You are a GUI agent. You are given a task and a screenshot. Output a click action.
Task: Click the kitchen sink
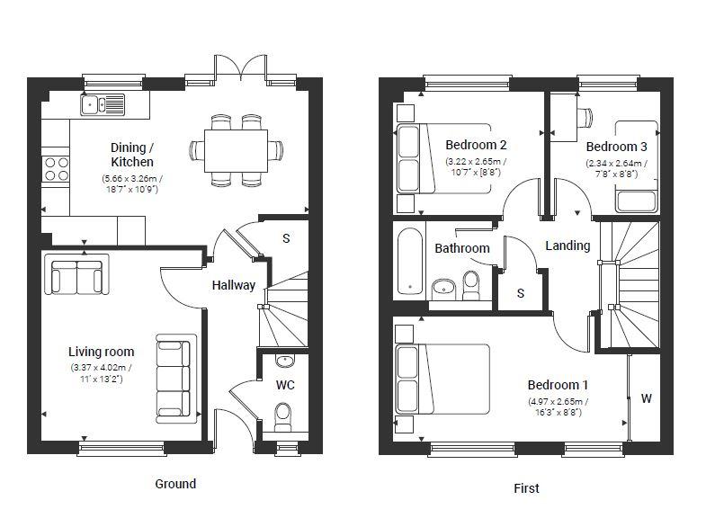tap(103, 104)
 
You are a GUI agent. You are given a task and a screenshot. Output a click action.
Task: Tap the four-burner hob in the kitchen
tap(57, 169)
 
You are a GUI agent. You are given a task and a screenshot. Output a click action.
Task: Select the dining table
tap(236, 150)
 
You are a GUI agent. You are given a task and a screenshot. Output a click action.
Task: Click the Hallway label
tap(234, 285)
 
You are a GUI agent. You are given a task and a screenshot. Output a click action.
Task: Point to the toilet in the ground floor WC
tap(282, 416)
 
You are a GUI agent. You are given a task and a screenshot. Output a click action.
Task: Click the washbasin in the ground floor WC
tap(285, 360)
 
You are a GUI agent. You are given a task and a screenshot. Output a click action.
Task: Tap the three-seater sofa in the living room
tap(174, 379)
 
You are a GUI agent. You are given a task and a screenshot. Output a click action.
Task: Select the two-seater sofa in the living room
tap(76, 274)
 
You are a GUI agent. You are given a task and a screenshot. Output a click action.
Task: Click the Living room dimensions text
tap(101, 373)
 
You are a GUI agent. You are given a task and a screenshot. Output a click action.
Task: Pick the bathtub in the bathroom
tap(409, 261)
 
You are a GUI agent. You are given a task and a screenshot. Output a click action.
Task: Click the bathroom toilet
tap(471, 285)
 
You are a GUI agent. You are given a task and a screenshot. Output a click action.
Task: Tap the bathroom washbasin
tap(443, 289)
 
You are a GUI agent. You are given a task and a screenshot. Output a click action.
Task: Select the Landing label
tap(568, 246)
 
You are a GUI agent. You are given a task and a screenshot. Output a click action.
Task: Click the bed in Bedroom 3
tap(636, 166)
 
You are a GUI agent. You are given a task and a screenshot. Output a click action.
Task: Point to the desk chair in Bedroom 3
tap(585, 117)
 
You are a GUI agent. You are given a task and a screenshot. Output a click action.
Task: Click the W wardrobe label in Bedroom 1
tap(647, 398)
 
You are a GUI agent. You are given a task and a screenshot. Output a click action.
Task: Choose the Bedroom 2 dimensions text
tap(476, 167)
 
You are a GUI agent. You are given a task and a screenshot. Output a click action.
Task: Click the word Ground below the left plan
tap(175, 484)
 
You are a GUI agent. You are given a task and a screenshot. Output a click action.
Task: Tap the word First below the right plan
tap(526, 488)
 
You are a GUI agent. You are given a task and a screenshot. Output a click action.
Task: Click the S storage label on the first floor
tap(521, 293)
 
